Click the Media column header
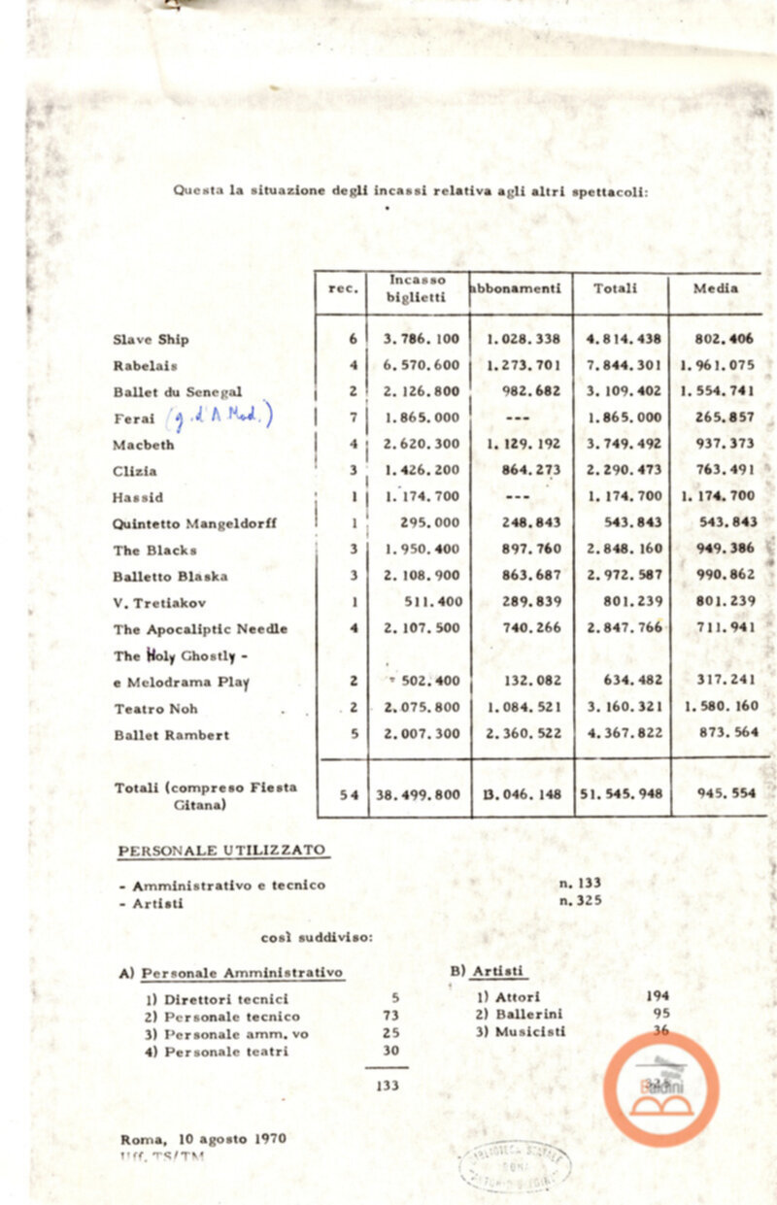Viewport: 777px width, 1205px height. [x=717, y=288]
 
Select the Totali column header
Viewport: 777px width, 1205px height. [x=616, y=288]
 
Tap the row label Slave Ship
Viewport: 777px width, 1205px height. [x=151, y=340]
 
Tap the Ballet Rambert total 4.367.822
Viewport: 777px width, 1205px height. [x=624, y=735]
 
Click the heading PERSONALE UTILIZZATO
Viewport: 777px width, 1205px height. [x=221, y=852]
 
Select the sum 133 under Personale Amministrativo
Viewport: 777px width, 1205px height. [x=388, y=1086]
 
